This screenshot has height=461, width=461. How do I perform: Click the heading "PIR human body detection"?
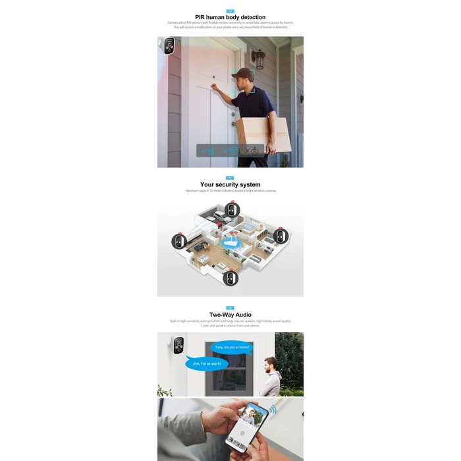[230, 17]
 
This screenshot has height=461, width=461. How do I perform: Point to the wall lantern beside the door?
[260, 61]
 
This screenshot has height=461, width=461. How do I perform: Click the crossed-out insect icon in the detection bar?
[251, 150]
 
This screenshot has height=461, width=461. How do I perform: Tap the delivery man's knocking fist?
[218, 88]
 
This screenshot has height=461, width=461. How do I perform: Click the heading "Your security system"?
[230, 185]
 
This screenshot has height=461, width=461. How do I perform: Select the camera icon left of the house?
[178, 242]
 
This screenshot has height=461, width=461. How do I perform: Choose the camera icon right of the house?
[281, 236]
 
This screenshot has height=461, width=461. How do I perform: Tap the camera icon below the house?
[230, 279]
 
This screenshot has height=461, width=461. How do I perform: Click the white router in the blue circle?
[231, 241]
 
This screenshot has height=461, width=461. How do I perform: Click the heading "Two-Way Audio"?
[230, 315]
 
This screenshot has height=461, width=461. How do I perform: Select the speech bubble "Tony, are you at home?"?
[231, 347]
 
